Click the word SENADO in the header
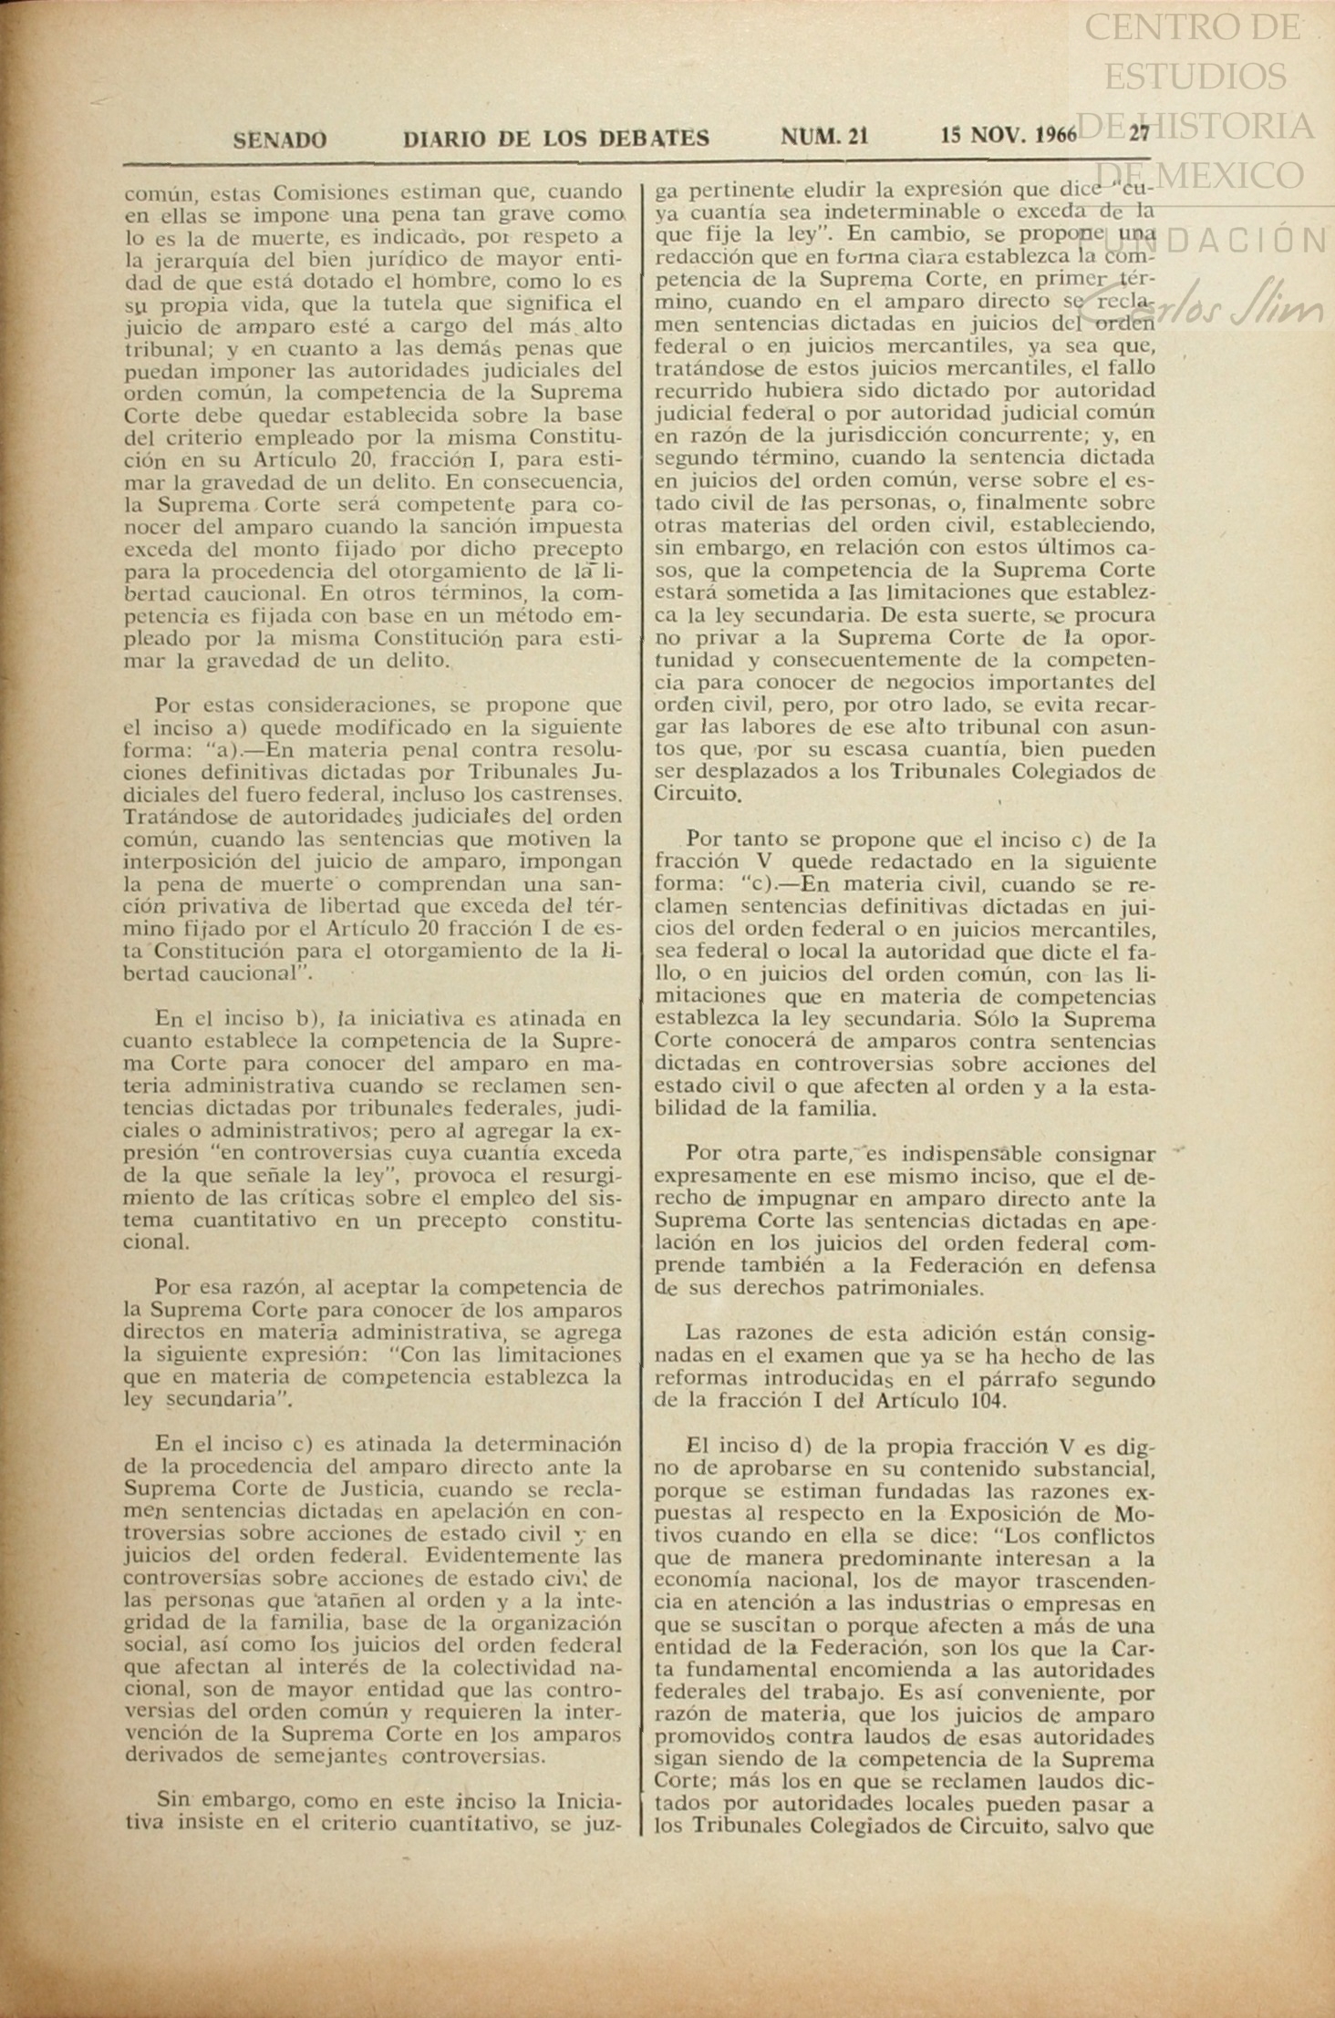[x=280, y=139]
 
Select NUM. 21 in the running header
[x=824, y=137]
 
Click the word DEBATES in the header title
[x=654, y=139]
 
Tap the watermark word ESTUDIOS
[x=1195, y=77]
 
